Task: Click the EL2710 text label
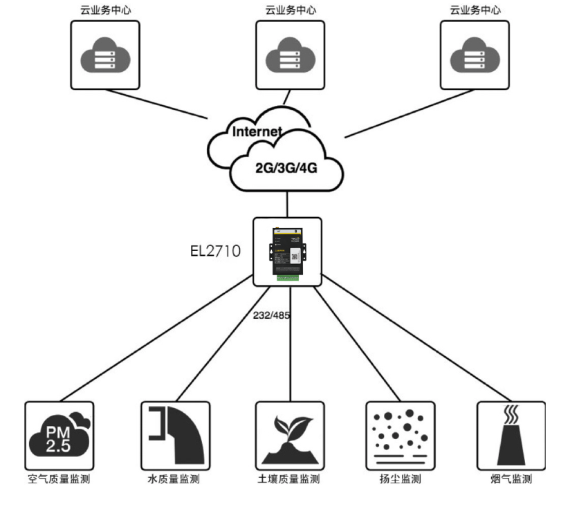click(x=215, y=251)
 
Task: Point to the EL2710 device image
click(x=287, y=252)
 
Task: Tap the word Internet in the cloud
click(x=257, y=131)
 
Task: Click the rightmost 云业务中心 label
click(x=475, y=10)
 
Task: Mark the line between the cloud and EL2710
click(x=287, y=203)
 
